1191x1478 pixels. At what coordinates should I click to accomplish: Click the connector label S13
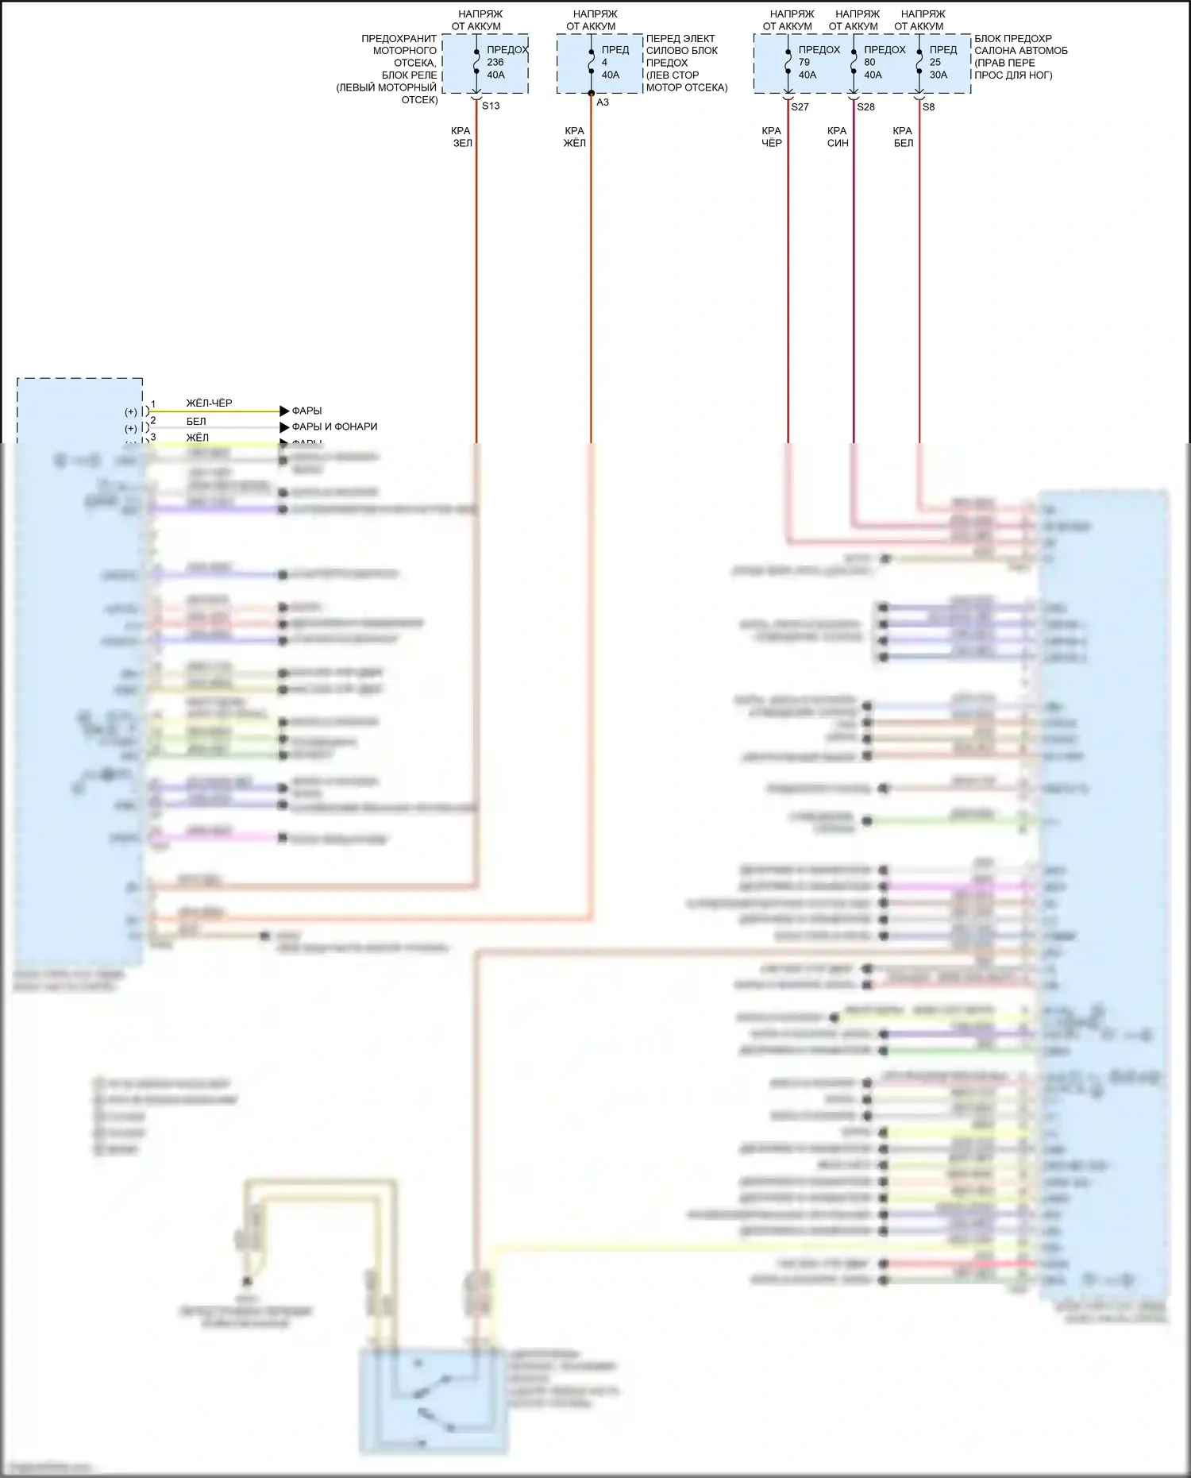tap(491, 106)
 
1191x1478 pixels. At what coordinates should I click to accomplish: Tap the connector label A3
tap(603, 102)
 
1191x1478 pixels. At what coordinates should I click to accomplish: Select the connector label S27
tap(800, 107)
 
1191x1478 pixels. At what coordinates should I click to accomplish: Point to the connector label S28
tap(865, 107)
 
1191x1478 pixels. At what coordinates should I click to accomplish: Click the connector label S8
tap(928, 107)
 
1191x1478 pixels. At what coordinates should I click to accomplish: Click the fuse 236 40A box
tap(485, 64)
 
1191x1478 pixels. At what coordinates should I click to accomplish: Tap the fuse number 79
tap(804, 63)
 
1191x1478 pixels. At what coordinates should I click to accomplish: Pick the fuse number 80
tap(869, 63)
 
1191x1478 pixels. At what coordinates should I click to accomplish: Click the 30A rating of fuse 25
tap(939, 75)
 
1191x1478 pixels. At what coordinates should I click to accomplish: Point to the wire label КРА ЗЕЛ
tap(461, 137)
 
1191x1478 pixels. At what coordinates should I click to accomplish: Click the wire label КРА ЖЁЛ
tap(574, 137)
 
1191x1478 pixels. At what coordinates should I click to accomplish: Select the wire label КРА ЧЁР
tap(772, 137)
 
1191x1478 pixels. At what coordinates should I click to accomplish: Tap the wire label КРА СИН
tap(838, 137)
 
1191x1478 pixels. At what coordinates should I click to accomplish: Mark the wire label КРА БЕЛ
tap(903, 137)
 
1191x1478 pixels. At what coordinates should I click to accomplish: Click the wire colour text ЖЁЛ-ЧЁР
tap(209, 403)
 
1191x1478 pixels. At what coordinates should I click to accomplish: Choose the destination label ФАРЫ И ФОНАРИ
tap(334, 427)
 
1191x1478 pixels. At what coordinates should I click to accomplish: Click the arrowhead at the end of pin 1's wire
tap(284, 411)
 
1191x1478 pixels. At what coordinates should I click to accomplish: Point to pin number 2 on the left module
tap(153, 421)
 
